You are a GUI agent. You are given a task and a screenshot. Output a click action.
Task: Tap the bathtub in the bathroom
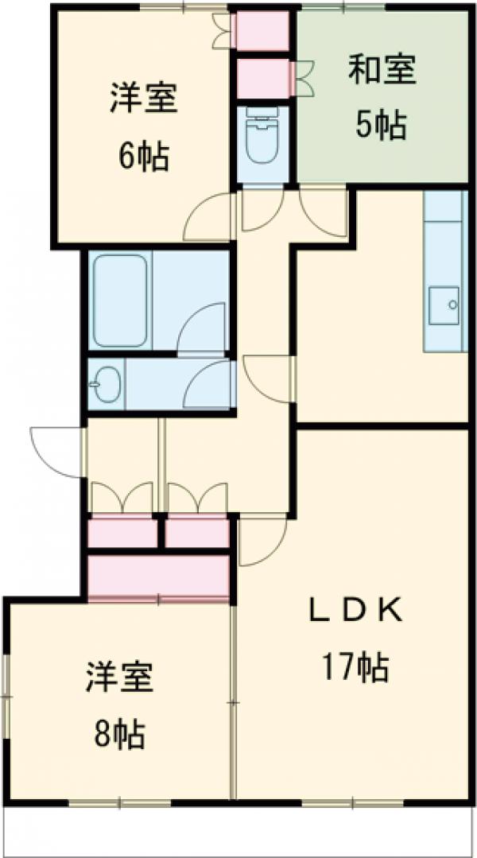pyautogui.click(x=120, y=300)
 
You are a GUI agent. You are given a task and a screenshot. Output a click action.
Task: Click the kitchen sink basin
pyautogui.click(x=444, y=305)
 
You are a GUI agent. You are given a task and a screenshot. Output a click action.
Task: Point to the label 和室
pyautogui.click(x=382, y=69)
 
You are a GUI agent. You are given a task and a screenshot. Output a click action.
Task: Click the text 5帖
pyautogui.click(x=382, y=125)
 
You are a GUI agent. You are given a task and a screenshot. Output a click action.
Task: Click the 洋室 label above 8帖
pyautogui.click(x=119, y=677)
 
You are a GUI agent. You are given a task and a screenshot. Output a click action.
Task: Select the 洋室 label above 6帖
pyautogui.click(x=144, y=97)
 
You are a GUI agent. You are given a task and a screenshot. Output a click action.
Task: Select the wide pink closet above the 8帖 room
pyautogui.click(x=159, y=577)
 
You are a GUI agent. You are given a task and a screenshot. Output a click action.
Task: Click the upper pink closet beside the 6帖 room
pyautogui.click(x=262, y=31)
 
